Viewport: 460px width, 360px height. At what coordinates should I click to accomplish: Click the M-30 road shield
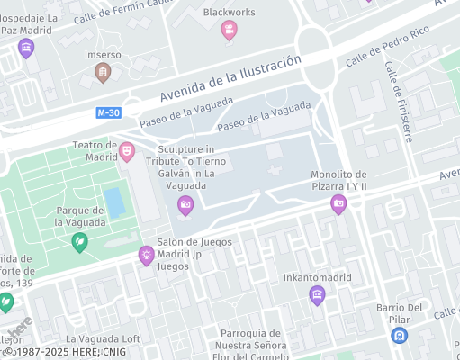(x=107, y=112)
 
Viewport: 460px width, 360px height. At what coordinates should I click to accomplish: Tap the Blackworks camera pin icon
(x=230, y=31)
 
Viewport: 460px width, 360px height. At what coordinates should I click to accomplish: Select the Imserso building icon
(x=104, y=72)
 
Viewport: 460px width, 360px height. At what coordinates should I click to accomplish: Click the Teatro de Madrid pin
(x=127, y=149)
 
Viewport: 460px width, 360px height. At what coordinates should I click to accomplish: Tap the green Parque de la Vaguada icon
(x=80, y=241)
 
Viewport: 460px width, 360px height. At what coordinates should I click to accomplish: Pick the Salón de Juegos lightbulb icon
(x=145, y=256)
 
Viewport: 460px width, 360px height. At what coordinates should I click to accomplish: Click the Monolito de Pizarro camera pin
(x=338, y=204)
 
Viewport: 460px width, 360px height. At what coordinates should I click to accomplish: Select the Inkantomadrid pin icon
(x=316, y=295)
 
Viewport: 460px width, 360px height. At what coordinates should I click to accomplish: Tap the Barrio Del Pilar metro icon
(x=398, y=335)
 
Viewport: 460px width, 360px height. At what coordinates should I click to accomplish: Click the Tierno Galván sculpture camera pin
(x=185, y=205)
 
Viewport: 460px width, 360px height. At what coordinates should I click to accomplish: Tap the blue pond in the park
(x=115, y=202)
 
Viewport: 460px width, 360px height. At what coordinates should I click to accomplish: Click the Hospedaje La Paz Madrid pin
(x=26, y=48)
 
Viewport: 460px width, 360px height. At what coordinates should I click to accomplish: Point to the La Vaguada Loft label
(x=107, y=338)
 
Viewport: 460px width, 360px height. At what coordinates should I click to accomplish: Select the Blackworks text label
(x=230, y=12)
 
